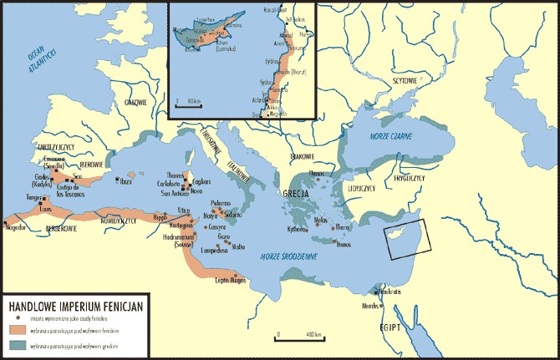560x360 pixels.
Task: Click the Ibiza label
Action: point(126,180)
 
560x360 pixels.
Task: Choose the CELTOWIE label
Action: point(135,103)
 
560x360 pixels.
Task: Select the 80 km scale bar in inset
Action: point(191,105)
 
